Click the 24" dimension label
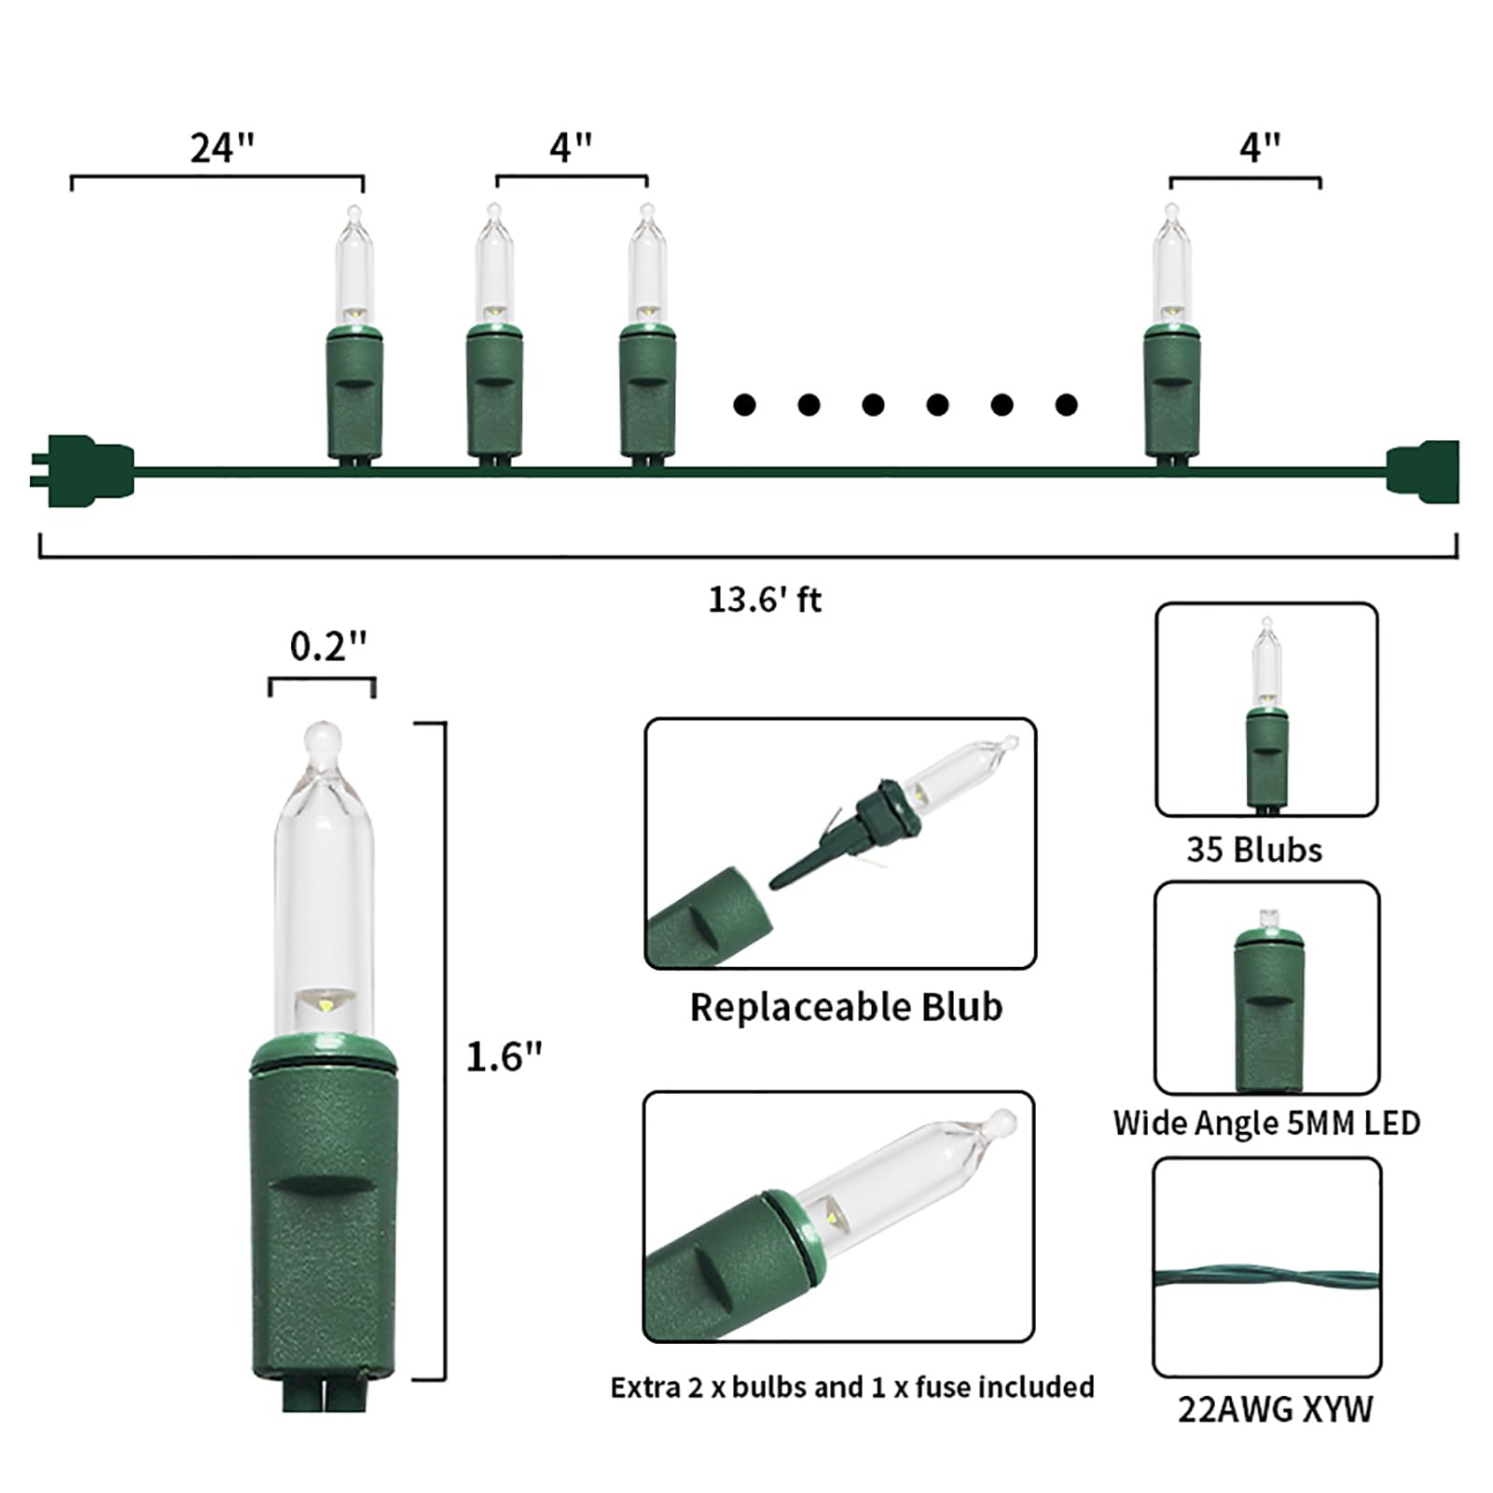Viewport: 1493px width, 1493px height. click(222, 147)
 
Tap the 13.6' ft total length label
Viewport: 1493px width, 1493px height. click(765, 599)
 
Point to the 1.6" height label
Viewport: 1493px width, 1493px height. click(504, 1057)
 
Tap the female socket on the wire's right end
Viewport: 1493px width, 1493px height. click(1423, 472)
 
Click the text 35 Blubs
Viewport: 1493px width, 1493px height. click(1254, 850)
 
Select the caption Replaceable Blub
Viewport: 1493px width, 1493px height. click(846, 1007)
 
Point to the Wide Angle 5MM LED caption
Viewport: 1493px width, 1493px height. click(1266, 1123)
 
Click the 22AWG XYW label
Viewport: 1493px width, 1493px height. click(1275, 1409)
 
